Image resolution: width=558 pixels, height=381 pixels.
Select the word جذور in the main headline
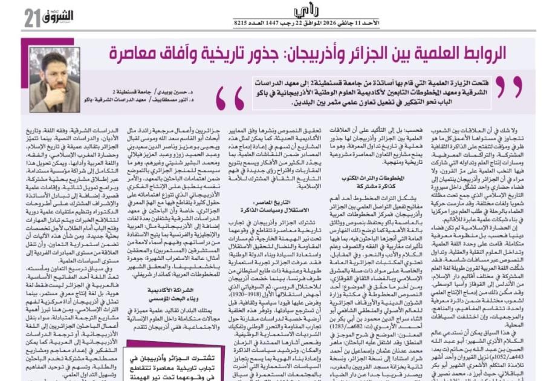pos(251,53)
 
